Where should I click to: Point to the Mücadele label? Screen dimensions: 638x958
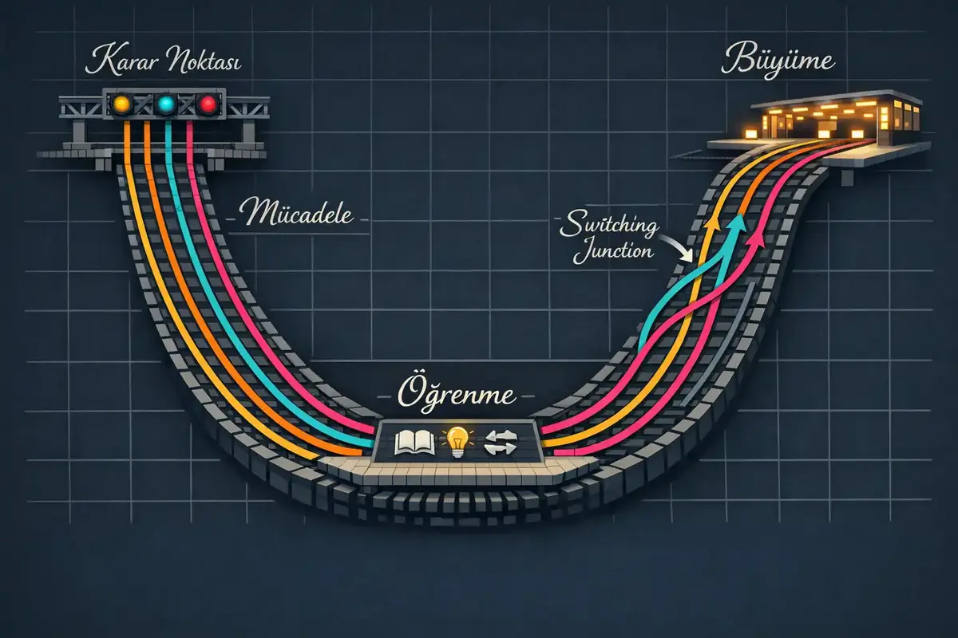pyautogui.click(x=297, y=214)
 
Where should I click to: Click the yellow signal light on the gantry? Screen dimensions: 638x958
pyautogui.click(x=122, y=104)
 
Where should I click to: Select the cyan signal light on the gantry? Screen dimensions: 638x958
pyautogui.click(x=166, y=104)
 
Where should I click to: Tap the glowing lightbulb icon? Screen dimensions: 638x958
pyautogui.click(x=457, y=439)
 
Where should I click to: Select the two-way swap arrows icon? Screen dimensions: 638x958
pyautogui.click(x=501, y=440)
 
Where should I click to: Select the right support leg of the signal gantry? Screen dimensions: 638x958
pyautogui.click(x=254, y=132)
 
